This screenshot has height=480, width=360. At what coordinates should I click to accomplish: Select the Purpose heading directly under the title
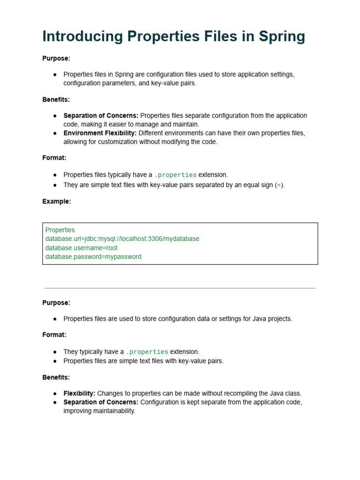(56, 58)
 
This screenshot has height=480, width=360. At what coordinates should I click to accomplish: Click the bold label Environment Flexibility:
(100, 133)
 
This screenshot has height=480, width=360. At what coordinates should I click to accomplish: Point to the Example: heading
(56, 201)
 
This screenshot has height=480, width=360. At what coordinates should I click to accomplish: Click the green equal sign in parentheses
(279, 185)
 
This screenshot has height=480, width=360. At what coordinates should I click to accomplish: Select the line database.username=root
(82, 247)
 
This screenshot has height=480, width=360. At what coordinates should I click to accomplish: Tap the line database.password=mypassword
(93, 256)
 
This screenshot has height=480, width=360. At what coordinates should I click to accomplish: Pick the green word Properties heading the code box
(60, 230)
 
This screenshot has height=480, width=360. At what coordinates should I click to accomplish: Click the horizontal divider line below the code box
(180, 288)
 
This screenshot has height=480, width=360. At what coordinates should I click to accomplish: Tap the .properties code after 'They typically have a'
(147, 352)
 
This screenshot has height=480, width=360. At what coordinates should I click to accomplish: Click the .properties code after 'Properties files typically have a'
(175, 175)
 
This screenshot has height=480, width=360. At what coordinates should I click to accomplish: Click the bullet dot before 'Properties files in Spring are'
(55, 75)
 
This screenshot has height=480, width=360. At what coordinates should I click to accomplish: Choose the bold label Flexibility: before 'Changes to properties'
(79, 393)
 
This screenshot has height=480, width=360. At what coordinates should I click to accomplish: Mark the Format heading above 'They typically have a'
(54, 335)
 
